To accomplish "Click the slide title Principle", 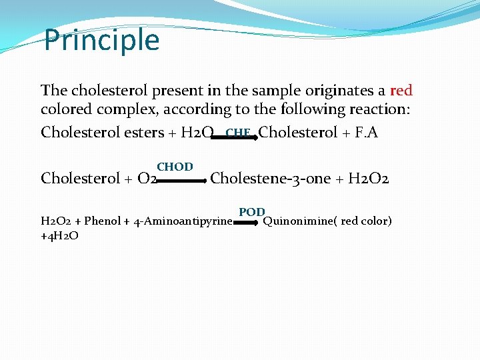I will [101, 40].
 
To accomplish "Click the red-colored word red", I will [401, 90].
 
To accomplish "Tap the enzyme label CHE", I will [237, 133].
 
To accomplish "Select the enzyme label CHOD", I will [175, 167].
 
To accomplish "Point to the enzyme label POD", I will [252, 212].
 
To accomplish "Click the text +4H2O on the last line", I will [59, 235].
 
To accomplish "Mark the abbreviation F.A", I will [366, 133].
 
